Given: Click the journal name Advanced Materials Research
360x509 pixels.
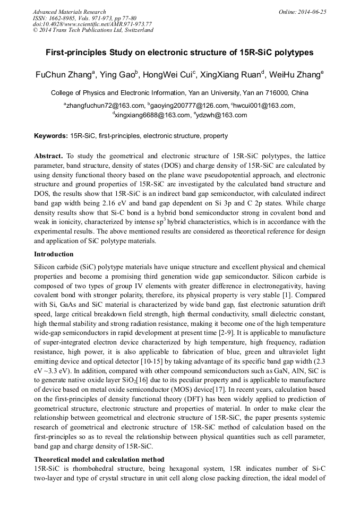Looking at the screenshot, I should (70, 12).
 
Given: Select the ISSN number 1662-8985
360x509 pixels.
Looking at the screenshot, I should (63, 18).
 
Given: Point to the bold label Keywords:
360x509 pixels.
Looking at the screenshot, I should (51, 136).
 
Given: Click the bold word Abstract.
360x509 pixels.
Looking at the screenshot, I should (48, 157).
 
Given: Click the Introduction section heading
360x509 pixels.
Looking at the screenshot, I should (55, 254).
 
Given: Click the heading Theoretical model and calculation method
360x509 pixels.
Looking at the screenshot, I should (99, 459).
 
